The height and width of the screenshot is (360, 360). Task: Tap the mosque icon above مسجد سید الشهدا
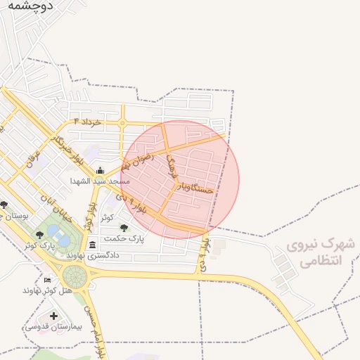tap(100, 171)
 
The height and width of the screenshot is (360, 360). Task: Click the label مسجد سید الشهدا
tap(100, 181)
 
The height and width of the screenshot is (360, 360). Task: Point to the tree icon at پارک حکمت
tap(124, 228)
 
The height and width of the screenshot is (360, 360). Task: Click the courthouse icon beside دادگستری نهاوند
tap(94, 245)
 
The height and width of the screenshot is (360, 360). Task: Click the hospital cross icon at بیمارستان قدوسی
tap(54, 316)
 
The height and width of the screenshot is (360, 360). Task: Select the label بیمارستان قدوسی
tap(53, 326)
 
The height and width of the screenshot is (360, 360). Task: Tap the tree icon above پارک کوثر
tap(39, 234)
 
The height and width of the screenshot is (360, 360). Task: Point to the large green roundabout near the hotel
tap(75, 275)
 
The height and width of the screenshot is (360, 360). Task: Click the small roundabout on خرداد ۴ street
tap(122, 124)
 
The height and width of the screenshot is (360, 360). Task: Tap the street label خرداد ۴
tap(82, 122)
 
